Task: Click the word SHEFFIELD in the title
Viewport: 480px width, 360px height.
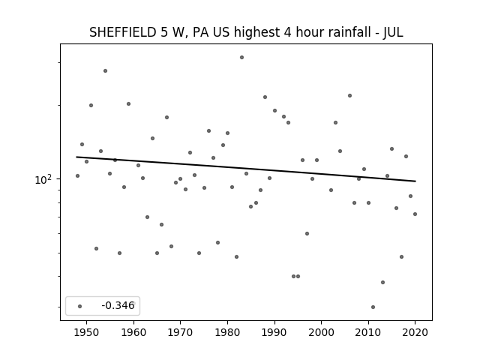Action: click(x=123, y=32)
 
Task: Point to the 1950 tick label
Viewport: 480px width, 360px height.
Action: click(x=87, y=332)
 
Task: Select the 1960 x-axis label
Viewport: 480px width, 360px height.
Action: click(x=133, y=332)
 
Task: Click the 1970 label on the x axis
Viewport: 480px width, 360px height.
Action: click(x=180, y=332)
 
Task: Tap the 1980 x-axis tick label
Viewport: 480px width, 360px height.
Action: click(x=227, y=332)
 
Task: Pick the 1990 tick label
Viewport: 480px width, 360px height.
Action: click(x=274, y=332)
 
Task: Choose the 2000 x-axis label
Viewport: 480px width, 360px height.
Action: click(x=322, y=332)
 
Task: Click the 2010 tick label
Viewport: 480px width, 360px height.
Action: click(x=368, y=332)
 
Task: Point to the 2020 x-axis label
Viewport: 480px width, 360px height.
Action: click(x=415, y=332)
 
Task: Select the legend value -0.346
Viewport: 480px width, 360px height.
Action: click(x=118, y=305)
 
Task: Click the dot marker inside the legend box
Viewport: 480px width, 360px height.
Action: click(x=80, y=306)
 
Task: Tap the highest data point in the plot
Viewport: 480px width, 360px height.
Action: click(x=241, y=57)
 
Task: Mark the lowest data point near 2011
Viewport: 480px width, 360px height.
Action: click(x=373, y=307)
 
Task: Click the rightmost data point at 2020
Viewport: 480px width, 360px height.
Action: click(x=415, y=214)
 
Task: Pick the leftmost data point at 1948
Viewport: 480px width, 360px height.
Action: click(x=77, y=175)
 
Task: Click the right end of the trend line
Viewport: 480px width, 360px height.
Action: click(x=415, y=181)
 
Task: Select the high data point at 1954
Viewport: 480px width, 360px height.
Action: click(x=105, y=70)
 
